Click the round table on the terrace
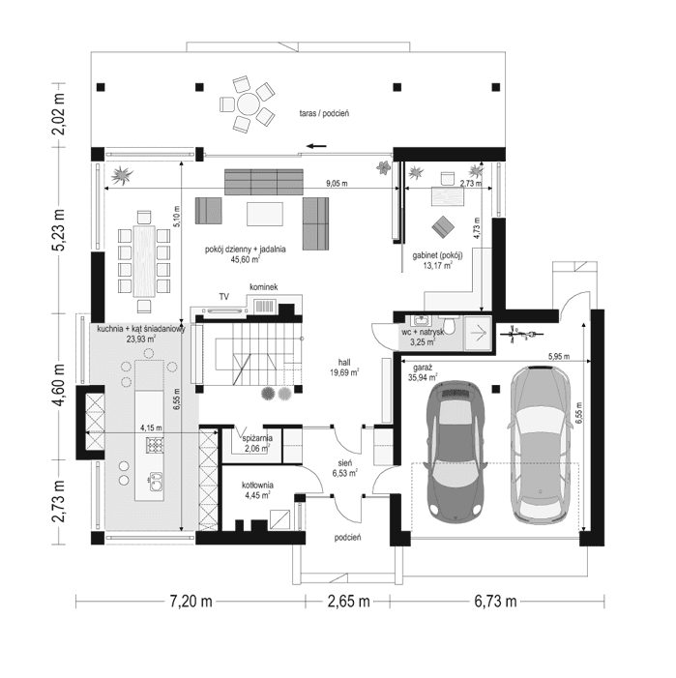pyautogui.click(x=248, y=101)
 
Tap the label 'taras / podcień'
pyautogui.click(x=324, y=114)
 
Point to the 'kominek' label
pyautogui.click(x=264, y=287)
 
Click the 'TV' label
pyautogui.click(x=223, y=295)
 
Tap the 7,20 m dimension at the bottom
pyautogui.click(x=191, y=602)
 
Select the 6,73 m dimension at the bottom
pyautogui.click(x=493, y=602)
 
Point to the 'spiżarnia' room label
pyautogui.click(x=257, y=438)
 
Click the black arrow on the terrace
pyautogui.click(x=316, y=148)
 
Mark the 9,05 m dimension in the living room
pyautogui.click(x=337, y=183)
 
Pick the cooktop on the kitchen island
pyautogui.click(x=153, y=445)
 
